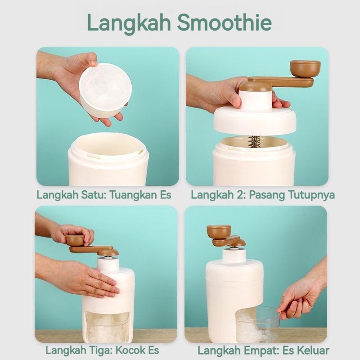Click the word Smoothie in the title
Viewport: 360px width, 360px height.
(x=224, y=22)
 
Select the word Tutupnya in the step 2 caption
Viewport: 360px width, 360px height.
(x=311, y=195)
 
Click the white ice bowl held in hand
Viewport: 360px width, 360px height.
(x=105, y=90)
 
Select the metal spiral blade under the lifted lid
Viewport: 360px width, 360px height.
(x=254, y=141)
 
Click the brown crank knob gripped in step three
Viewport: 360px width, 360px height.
(x=75, y=240)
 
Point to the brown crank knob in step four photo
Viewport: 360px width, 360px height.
(x=219, y=231)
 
